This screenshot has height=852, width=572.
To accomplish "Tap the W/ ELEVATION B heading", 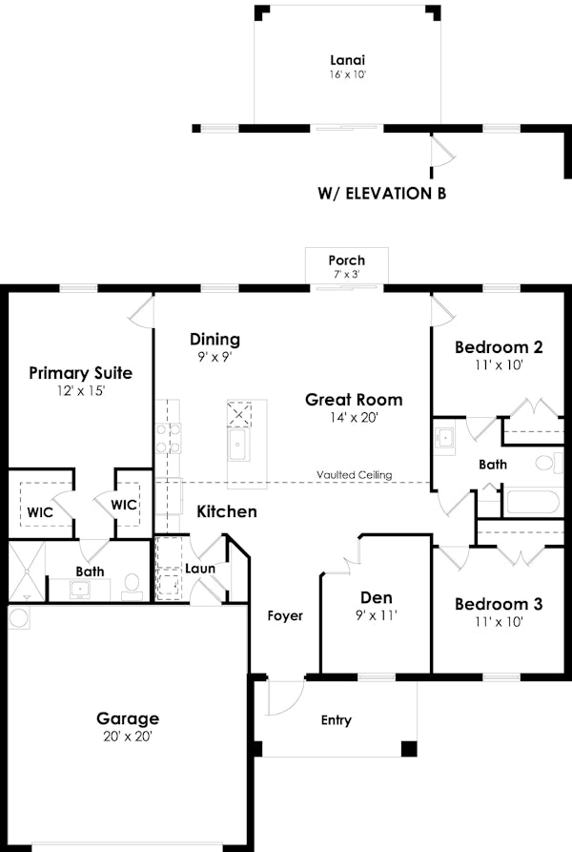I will click(x=381, y=193).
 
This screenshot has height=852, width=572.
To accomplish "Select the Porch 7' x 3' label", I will click(x=346, y=266).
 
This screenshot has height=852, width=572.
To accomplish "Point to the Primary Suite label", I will click(x=80, y=380).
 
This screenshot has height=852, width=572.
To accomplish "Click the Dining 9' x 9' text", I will click(x=214, y=346).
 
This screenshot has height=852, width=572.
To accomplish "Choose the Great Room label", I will click(x=354, y=407).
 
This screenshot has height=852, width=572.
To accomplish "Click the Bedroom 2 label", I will click(x=499, y=354).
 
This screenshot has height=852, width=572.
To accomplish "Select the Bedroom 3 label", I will click(x=499, y=612).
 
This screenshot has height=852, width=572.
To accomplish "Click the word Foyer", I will click(x=285, y=615).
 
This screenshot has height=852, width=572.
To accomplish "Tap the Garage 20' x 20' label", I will click(x=128, y=726).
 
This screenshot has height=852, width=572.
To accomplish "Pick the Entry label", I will click(x=336, y=720).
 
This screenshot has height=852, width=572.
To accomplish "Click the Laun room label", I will click(x=200, y=569).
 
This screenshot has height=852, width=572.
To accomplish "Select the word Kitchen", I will click(x=227, y=511).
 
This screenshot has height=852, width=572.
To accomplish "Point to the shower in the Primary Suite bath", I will click(x=26, y=571).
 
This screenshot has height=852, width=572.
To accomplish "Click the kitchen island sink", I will click(x=238, y=446).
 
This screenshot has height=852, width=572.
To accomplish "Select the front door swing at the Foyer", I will click(x=283, y=696).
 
